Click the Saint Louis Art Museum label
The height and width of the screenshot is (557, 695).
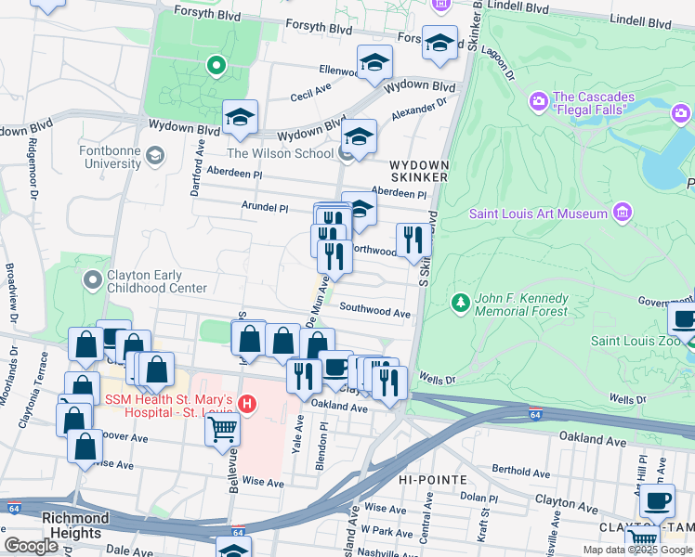(537, 214)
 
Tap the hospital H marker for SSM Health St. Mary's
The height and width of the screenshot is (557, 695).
(247, 404)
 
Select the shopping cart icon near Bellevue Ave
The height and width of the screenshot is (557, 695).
(223, 429)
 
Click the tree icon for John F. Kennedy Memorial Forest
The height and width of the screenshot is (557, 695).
(460, 303)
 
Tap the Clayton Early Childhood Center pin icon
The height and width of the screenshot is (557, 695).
(91, 279)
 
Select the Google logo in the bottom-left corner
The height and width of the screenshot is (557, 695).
(31, 546)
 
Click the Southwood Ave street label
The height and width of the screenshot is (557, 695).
(374, 313)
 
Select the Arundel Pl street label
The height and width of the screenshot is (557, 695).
(266, 209)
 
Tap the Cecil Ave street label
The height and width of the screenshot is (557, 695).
(311, 95)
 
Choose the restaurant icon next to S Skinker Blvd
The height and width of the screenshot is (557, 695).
(413, 239)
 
